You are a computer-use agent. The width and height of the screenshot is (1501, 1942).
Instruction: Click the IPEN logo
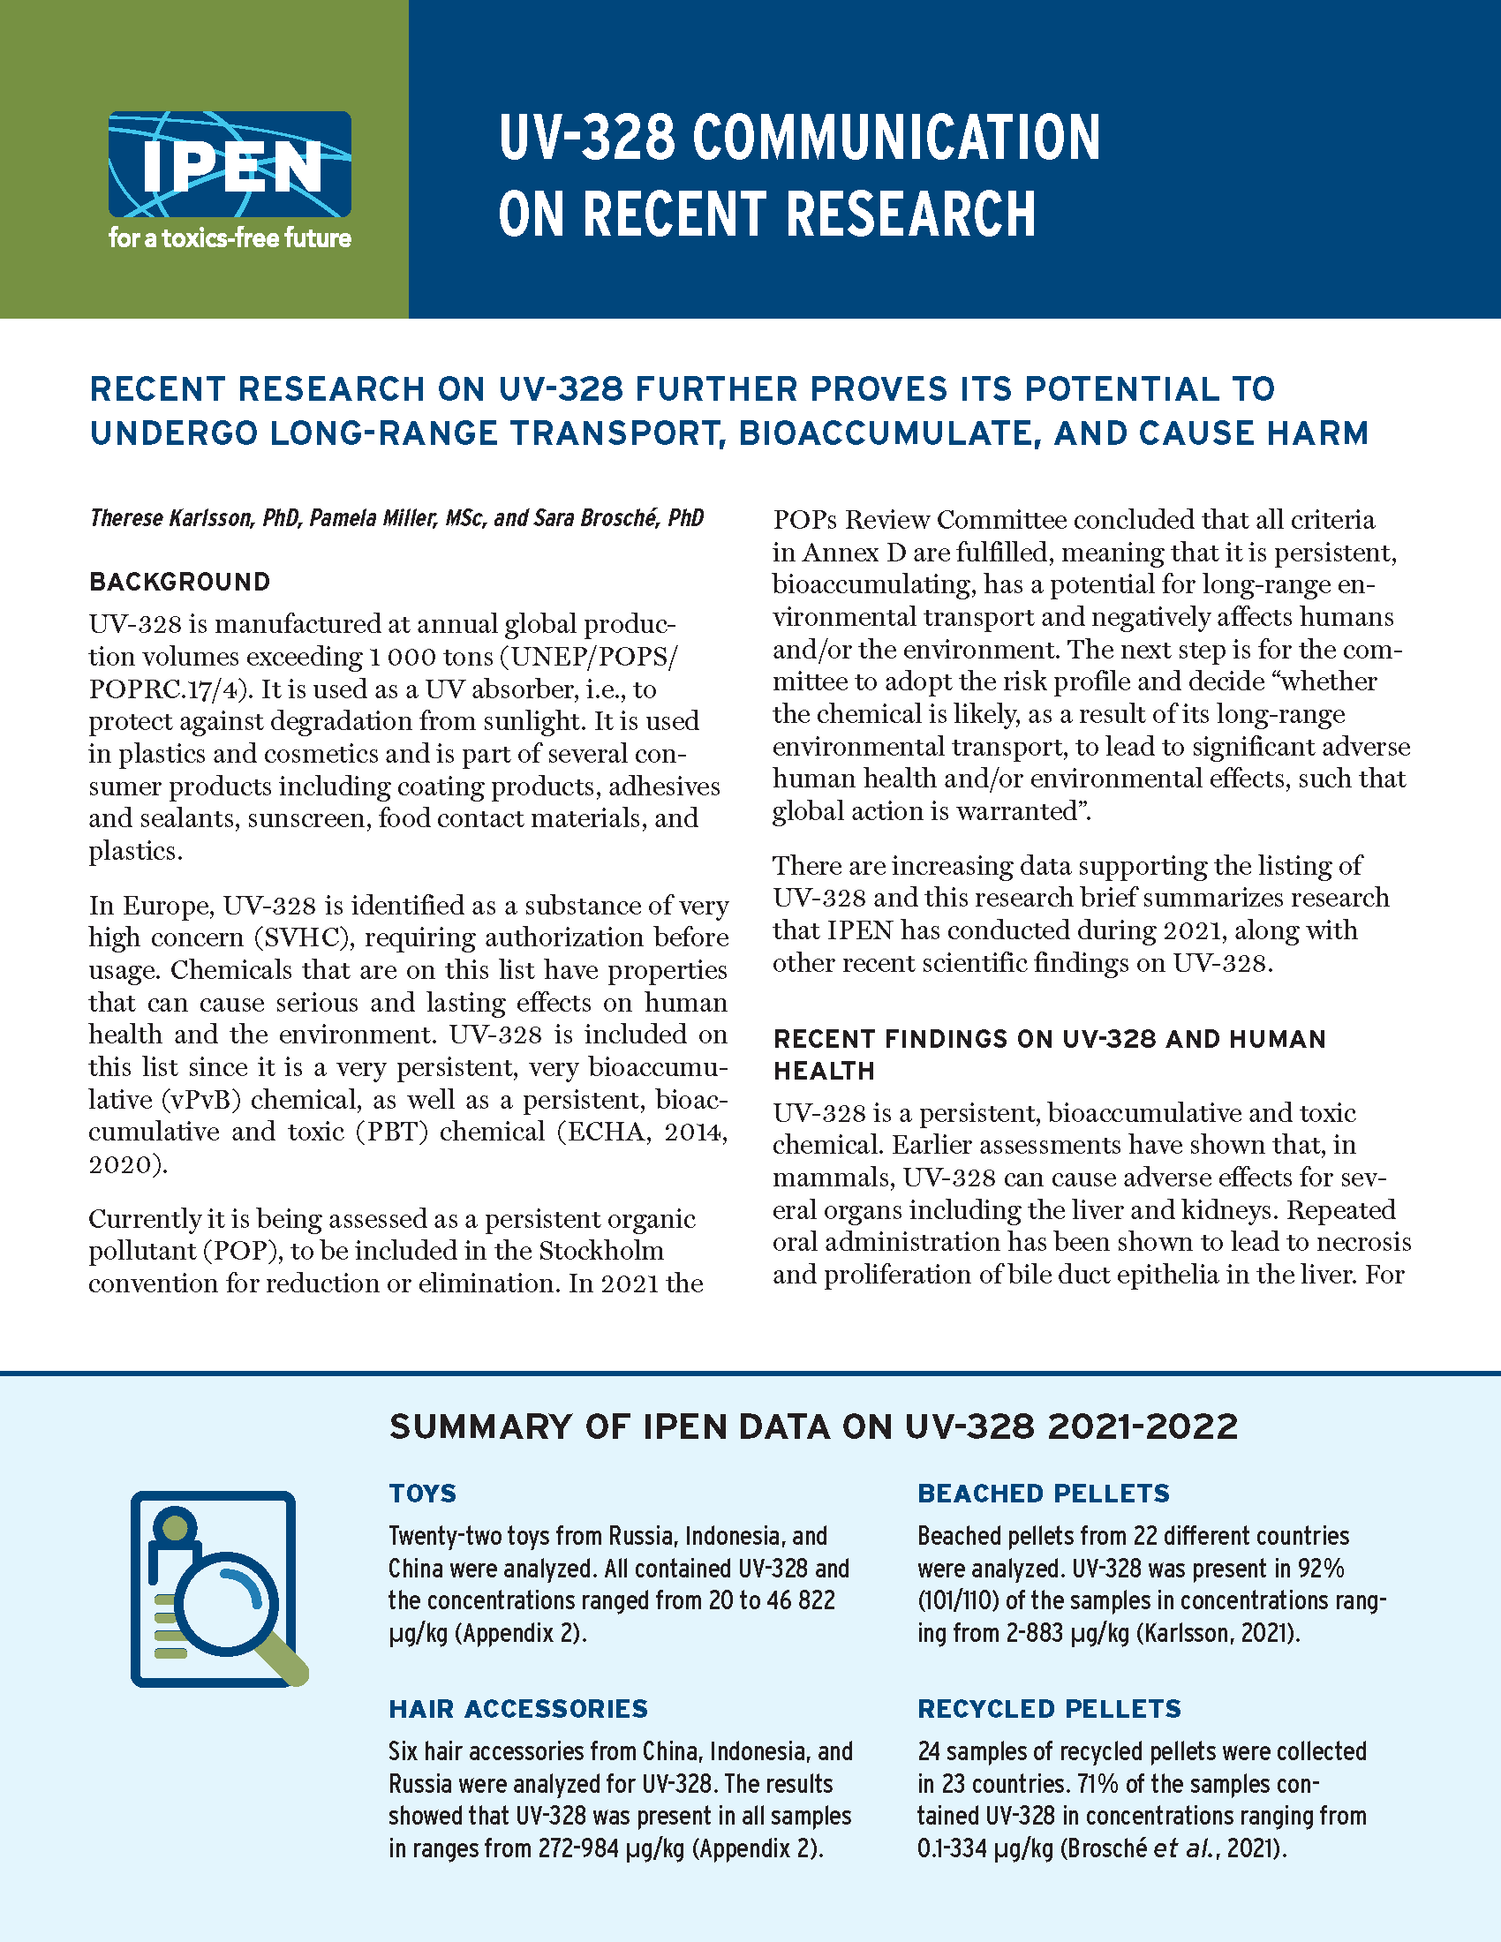pos(230,164)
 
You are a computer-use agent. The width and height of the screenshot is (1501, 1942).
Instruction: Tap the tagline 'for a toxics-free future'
pos(230,238)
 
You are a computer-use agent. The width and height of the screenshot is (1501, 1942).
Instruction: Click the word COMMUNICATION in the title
pos(895,137)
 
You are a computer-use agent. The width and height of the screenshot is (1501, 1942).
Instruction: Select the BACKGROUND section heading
pos(179,582)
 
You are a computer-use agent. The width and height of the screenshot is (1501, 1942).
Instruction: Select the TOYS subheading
pos(422,1493)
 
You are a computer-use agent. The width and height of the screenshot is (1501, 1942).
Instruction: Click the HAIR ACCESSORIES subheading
pos(518,1708)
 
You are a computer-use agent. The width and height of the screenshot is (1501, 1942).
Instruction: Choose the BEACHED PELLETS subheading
pos(1043,1493)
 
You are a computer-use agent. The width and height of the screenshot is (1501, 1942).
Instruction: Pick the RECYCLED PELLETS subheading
pos(1049,1708)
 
